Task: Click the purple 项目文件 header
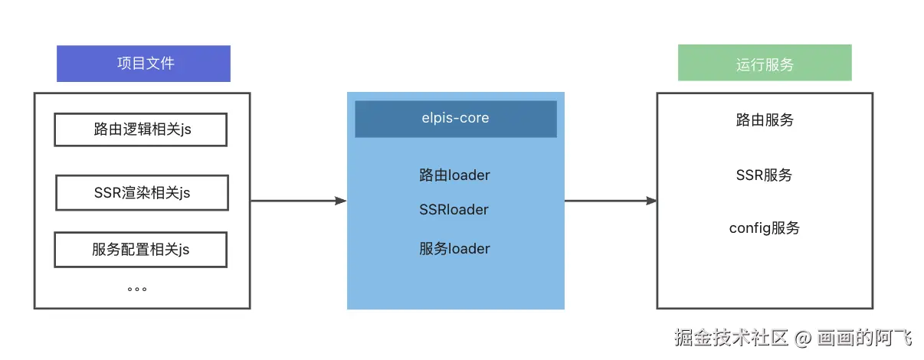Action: point(143,64)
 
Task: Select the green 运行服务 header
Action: point(764,64)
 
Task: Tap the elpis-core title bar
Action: point(455,119)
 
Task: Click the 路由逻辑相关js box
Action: point(140,129)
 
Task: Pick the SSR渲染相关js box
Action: point(142,193)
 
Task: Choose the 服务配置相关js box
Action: point(140,250)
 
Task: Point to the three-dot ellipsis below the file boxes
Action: point(137,290)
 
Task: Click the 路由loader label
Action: point(454,175)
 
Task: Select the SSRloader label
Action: point(454,210)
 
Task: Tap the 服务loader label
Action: point(454,249)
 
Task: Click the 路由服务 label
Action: point(764,120)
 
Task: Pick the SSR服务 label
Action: point(764,175)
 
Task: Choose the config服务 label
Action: point(764,228)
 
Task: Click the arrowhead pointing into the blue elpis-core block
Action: point(341,201)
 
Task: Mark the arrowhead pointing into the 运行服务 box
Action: point(651,201)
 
